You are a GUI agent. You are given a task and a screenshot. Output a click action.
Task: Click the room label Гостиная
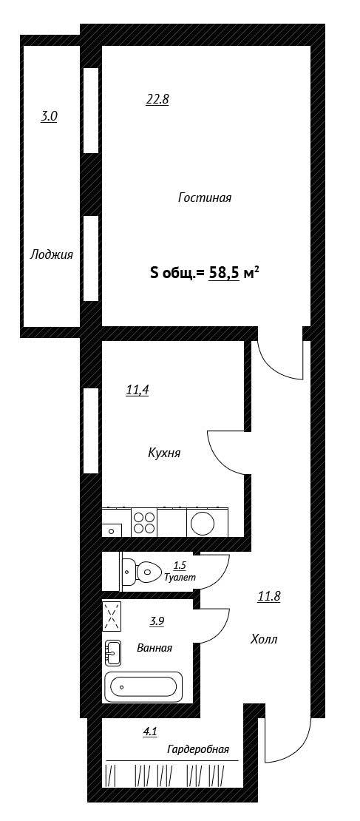click(x=205, y=198)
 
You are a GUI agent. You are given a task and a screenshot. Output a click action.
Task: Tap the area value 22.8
click(x=157, y=100)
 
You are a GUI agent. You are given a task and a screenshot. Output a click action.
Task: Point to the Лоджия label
click(x=51, y=255)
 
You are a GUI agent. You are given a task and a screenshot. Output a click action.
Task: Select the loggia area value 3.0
click(x=49, y=116)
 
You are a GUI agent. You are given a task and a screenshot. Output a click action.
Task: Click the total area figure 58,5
click(x=224, y=273)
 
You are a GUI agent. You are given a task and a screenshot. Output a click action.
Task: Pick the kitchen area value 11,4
click(x=137, y=390)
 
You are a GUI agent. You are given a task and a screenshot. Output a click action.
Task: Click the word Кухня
click(x=164, y=453)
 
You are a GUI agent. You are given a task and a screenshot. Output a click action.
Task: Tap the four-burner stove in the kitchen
click(x=144, y=522)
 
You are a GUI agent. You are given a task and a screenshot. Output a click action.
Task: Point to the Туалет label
click(x=180, y=578)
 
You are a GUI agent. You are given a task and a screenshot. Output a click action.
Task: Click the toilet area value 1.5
click(x=180, y=566)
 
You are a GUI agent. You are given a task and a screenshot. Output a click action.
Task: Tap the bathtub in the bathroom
click(x=143, y=687)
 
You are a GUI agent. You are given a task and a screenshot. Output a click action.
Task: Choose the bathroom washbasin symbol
click(x=112, y=653)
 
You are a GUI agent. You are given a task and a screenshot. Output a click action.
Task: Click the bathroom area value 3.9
click(x=157, y=621)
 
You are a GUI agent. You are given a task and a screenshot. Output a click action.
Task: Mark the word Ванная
click(x=154, y=648)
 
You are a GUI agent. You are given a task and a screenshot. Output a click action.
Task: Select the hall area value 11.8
click(x=269, y=596)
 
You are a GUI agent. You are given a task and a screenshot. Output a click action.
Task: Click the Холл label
click(x=264, y=639)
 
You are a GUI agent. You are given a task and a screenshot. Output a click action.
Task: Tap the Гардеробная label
click(x=198, y=749)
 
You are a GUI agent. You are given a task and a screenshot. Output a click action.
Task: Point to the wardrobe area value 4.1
click(x=150, y=732)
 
